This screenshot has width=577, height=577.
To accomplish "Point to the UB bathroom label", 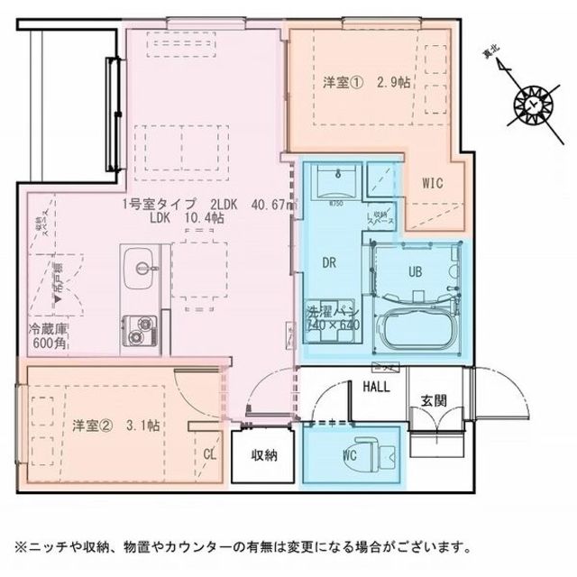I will tap(416, 270).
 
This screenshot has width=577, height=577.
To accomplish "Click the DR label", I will tap(330, 262).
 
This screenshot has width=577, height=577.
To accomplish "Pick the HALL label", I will tap(377, 388).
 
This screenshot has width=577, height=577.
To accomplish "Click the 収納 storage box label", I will tap(264, 454).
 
